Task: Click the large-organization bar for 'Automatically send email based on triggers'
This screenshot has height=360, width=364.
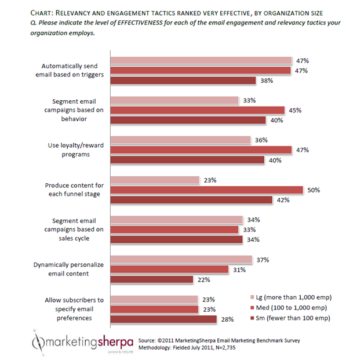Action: pos(201,60)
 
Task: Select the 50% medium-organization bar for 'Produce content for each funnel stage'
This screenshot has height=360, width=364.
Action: pos(206,190)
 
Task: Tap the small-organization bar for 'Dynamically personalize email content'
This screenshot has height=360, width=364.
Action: pos(151,279)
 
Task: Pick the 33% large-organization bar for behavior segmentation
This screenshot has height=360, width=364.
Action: pos(174,100)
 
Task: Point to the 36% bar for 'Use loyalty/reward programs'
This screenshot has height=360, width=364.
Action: pos(180,140)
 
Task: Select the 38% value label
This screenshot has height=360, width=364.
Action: pos(283,81)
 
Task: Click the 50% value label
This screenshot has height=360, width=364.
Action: pos(314,190)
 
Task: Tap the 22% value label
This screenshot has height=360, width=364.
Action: pos(203,279)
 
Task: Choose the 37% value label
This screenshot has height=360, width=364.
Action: pos(263,259)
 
